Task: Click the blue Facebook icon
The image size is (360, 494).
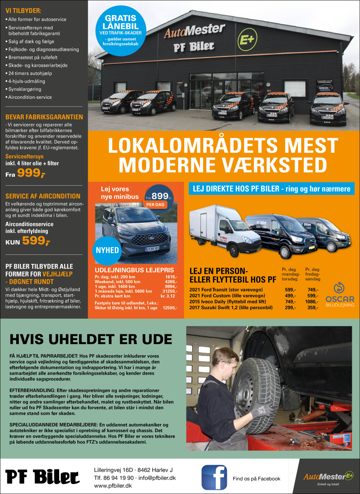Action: click(214, 477)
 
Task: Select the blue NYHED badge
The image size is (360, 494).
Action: click(108, 250)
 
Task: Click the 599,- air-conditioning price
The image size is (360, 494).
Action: click(36, 241)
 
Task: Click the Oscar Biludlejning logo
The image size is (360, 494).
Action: click(339, 295)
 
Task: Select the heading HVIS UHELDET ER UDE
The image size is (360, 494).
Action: click(91, 339)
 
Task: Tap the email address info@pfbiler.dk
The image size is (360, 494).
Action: click(157, 478)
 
